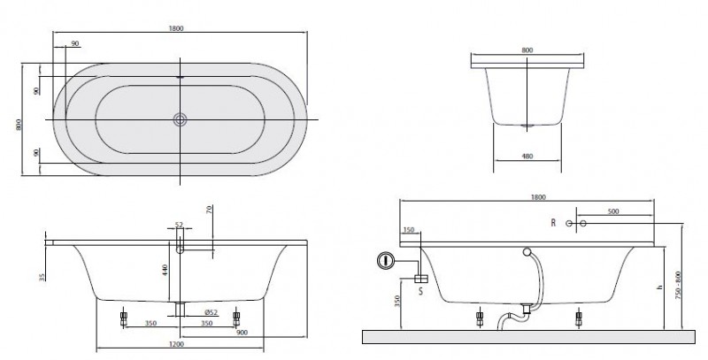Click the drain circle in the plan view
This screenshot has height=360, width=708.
coord(181,119)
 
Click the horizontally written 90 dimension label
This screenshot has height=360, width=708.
coord(75,43)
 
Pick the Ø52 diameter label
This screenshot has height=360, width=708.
coord(210,312)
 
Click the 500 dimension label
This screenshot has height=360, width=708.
coord(612,212)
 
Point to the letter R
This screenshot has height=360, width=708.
coord(553,223)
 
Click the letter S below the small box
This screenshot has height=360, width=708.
coord(419,290)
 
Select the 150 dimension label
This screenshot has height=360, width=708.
coord(408,231)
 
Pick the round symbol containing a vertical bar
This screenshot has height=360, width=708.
coord(384,260)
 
